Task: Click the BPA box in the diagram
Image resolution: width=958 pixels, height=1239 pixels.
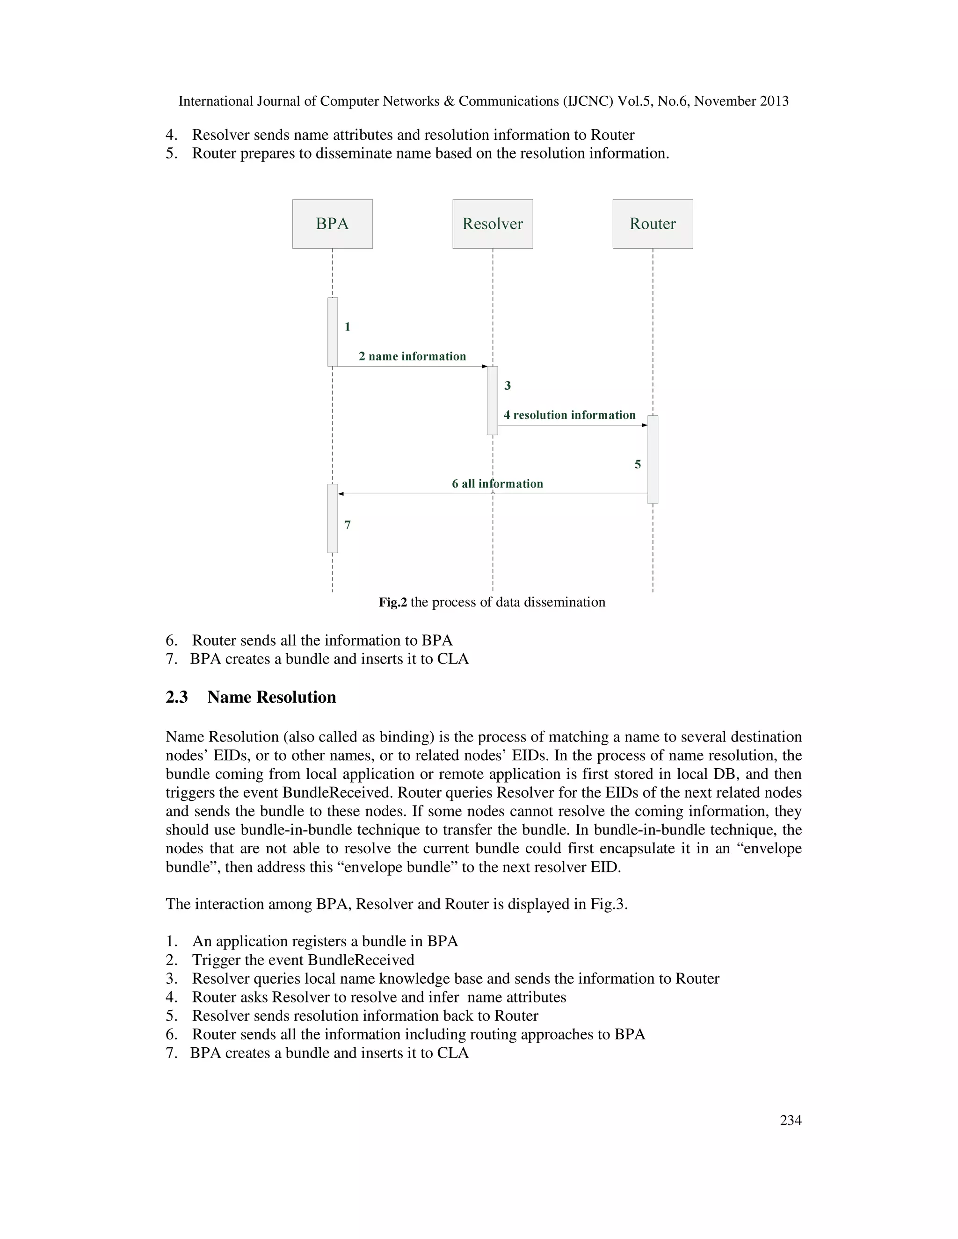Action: point(332,223)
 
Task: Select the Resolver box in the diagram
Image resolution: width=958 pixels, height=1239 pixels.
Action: point(492,223)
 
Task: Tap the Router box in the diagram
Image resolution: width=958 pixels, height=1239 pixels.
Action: point(652,223)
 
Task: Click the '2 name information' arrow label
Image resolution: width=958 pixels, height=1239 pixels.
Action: point(412,356)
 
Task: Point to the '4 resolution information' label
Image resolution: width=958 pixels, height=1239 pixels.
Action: point(569,415)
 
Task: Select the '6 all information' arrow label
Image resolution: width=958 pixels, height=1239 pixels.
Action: point(497,483)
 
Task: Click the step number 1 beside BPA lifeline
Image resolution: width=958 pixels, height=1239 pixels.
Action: point(348,327)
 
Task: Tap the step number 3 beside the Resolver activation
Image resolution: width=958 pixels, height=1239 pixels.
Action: point(508,386)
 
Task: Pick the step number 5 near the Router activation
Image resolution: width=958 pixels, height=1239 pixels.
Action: point(638,465)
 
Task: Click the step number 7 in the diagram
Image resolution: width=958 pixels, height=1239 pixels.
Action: point(348,525)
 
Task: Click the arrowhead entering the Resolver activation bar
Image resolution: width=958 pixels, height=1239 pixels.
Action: point(484,367)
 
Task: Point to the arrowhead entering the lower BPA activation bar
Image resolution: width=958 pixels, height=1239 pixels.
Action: point(341,494)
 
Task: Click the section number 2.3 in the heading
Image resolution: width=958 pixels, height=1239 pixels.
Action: point(176,697)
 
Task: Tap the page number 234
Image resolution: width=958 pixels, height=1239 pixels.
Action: point(791,1120)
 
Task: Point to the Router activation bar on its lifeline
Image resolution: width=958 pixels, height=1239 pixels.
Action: point(653,460)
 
